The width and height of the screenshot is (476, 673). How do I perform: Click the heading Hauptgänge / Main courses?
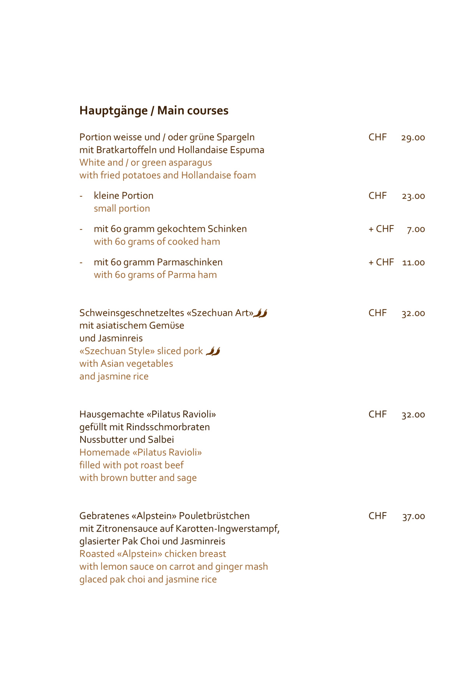(154, 111)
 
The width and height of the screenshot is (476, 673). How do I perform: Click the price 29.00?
(413, 137)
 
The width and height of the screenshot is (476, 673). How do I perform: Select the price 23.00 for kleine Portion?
(413, 196)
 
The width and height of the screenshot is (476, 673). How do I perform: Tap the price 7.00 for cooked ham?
(416, 229)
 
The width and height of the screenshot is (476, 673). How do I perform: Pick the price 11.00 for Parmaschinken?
(413, 263)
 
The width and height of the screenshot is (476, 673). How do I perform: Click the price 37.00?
(413, 516)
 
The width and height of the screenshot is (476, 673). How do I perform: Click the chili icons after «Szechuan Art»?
(261, 313)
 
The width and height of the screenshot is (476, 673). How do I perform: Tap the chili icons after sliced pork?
(213, 351)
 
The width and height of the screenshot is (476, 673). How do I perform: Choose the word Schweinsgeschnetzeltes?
(132, 313)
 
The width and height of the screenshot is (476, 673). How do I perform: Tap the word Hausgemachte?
(111, 414)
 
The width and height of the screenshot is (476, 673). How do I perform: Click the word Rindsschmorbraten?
(168, 427)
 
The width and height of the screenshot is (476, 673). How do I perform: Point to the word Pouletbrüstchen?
(214, 516)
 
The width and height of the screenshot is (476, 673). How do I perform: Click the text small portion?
(122, 209)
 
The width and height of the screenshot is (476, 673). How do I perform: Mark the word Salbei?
(161, 440)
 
